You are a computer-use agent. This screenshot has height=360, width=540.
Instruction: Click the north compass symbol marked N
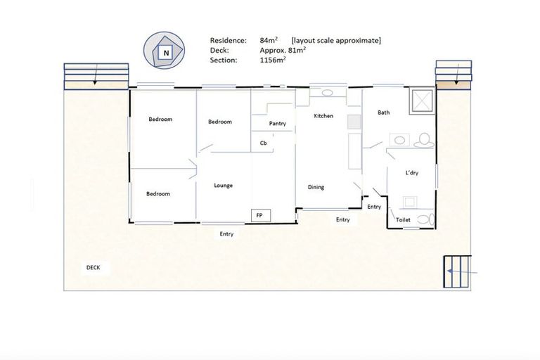coord(166,53)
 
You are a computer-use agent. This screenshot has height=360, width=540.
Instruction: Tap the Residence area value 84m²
coord(270,41)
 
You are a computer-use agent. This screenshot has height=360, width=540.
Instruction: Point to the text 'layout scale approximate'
coord(336,41)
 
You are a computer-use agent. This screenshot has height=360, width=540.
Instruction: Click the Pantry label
coord(277,124)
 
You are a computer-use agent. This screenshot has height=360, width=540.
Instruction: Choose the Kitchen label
coord(323,116)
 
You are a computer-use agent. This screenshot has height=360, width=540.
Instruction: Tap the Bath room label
coord(383,112)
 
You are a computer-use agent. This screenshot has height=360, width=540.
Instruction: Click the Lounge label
coord(224,186)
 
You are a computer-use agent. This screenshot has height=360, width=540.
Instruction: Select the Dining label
coord(316,187)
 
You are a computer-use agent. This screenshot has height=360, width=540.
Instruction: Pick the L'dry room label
coord(412,172)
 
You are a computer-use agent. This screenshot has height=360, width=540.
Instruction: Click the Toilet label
coord(403,220)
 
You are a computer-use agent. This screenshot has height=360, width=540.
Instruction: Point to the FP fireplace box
coord(259,215)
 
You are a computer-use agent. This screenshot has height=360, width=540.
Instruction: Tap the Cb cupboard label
coord(264,143)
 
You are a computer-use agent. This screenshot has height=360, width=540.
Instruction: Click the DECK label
coord(93,267)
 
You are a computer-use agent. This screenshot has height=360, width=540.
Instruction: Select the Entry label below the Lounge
coord(226,234)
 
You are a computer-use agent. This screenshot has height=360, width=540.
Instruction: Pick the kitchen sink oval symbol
coord(328,93)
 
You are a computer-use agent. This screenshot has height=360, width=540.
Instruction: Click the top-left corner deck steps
coord(96,76)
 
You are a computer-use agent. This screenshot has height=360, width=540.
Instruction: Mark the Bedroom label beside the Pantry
coord(220,122)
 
